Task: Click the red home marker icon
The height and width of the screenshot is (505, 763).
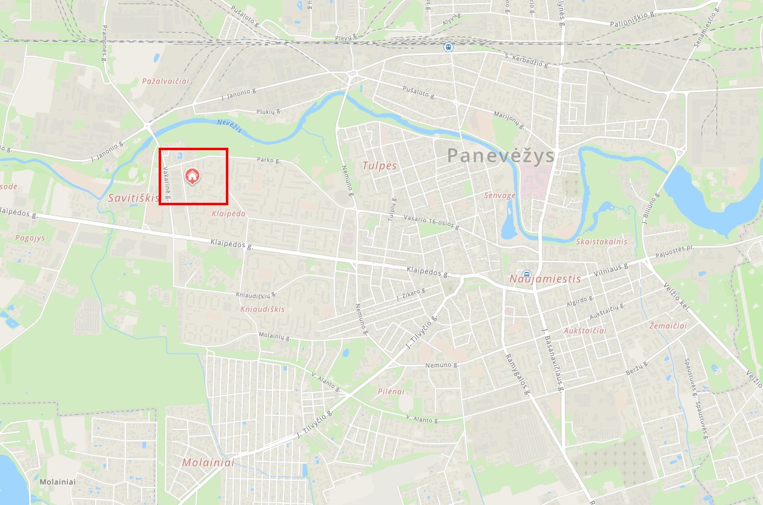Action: coord(192,176)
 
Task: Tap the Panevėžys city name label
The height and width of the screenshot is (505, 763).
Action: coord(501,156)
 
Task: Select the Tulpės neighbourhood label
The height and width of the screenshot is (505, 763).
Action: coord(379,165)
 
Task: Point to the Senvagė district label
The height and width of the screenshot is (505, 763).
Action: coord(500,196)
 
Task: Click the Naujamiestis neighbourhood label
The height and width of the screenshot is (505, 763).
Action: coord(545,279)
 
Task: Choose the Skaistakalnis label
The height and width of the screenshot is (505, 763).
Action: coord(601,241)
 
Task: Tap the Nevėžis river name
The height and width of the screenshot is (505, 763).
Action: coord(230,125)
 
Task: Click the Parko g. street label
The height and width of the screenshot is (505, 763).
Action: coord(269,160)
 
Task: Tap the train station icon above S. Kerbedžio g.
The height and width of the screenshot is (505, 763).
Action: coord(448,47)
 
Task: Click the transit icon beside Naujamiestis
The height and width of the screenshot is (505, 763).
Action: coord(526,274)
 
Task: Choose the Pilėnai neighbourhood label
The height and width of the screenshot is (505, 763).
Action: coord(391,391)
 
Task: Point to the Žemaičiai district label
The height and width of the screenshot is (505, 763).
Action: coord(668,326)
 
